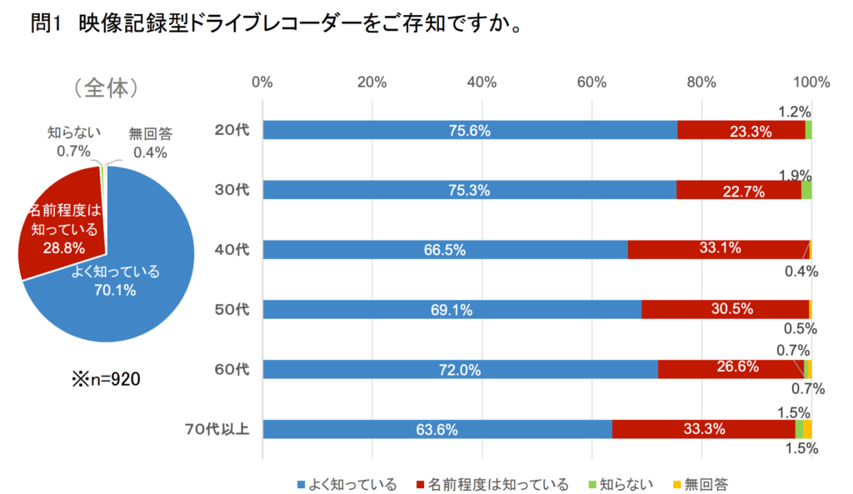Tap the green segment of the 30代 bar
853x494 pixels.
(x=806, y=190)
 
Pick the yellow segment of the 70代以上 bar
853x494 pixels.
(x=807, y=429)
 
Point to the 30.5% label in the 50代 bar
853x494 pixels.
(x=732, y=309)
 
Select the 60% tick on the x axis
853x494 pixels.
(x=591, y=82)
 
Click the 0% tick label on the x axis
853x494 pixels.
(x=262, y=82)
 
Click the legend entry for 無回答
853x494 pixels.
(x=700, y=484)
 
